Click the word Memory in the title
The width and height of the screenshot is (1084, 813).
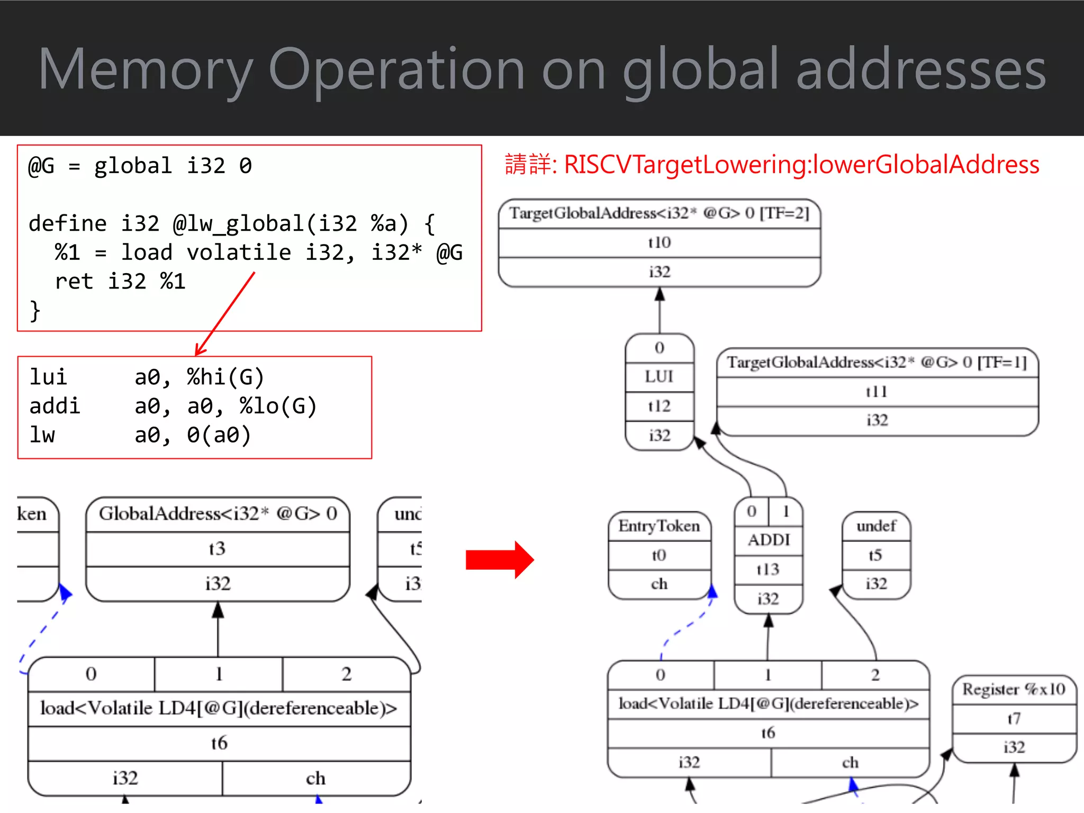click(145, 70)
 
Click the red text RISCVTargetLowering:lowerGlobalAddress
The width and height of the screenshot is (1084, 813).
click(801, 165)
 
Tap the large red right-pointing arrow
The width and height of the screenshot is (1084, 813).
click(500, 560)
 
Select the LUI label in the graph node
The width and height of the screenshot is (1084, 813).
click(659, 377)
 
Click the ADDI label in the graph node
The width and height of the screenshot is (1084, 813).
click(769, 540)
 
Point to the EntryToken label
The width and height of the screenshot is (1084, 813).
click(659, 526)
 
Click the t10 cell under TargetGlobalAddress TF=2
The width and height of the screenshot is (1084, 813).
click(659, 242)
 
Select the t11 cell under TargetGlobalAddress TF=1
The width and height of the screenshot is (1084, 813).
click(877, 392)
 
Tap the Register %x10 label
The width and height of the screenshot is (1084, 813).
click(1014, 689)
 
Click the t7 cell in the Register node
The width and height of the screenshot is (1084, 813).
click(1014, 719)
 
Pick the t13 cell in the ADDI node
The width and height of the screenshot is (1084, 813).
click(768, 570)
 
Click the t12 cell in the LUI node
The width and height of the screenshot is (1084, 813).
click(659, 406)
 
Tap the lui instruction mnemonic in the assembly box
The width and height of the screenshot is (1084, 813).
click(48, 377)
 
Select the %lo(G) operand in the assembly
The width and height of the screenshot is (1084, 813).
click(278, 406)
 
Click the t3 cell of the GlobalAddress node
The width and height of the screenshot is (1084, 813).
click(217, 548)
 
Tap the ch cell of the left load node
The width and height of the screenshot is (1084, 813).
click(316, 778)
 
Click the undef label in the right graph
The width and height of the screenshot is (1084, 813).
click(876, 526)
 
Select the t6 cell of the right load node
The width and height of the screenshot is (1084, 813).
click(768, 733)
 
